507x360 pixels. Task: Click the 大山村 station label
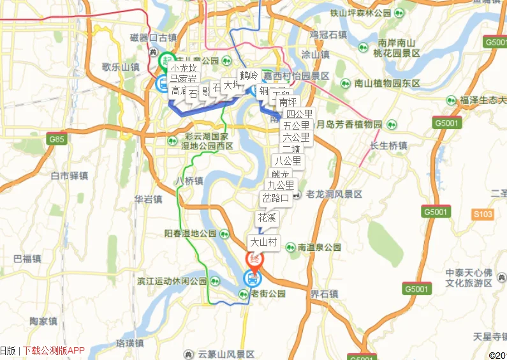pyautogui.click(x=263, y=243)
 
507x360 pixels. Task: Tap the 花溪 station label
pyautogui.click(x=267, y=218)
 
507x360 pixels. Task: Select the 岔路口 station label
pyautogui.click(x=276, y=198)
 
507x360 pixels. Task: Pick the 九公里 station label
pyautogui.click(x=281, y=185)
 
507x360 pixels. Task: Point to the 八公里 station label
pyautogui.click(x=288, y=161)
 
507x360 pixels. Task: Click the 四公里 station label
pyautogui.click(x=299, y=114)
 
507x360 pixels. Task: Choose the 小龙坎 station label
pyautogui.click(x=184, y=68)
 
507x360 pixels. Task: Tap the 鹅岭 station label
pyautogui.click(x=249, y=75)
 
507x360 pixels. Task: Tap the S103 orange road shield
pyautogui.click(x=483, y=214)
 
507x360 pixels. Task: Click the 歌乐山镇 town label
pyautogui.click(x=121, y=67)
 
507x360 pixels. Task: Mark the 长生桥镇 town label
pyautogui.click(x=388, y=146)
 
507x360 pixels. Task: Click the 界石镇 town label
pyautogui.click(x=324, y=294)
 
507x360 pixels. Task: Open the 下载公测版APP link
pyautogui.click(x=54, y=350)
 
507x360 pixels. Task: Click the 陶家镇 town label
pyautogui.click(x=44, y=321)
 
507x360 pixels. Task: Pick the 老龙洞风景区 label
pyautogui.click(x=334, y=194)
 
